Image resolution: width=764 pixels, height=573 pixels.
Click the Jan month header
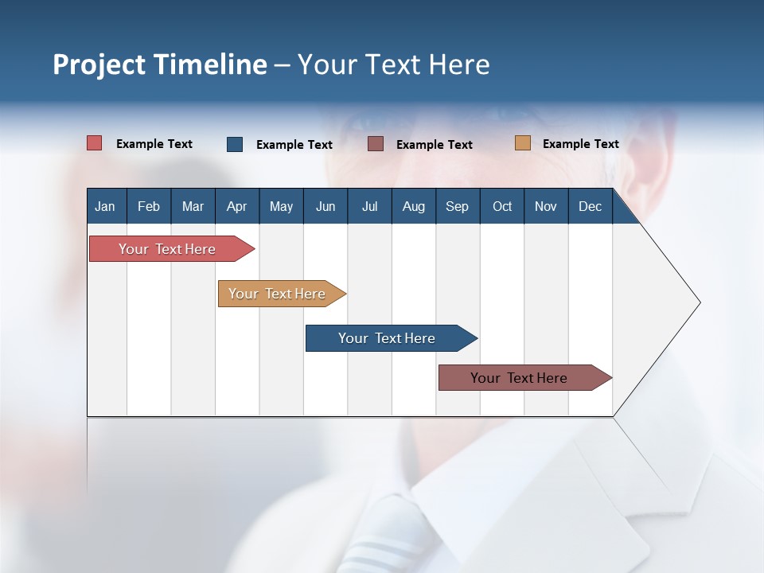[105, 206]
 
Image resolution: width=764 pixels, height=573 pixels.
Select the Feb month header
[149, 206]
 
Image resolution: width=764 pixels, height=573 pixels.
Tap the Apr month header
[236, 206]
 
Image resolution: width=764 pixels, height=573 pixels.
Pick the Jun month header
[325, 206]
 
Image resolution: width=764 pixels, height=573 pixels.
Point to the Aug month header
[413, 206]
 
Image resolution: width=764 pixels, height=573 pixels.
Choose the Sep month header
[457, 206]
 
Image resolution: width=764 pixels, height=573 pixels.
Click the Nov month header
[545, 206]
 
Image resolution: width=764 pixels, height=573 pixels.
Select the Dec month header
[590, 206]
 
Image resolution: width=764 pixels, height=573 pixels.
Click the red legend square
[95, 143]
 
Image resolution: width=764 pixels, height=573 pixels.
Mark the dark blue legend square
[235, 144]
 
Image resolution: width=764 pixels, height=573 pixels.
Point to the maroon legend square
[376, 144]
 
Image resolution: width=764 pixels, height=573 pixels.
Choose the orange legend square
[522, 143]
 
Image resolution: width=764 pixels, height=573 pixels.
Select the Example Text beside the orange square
[580, 144]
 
